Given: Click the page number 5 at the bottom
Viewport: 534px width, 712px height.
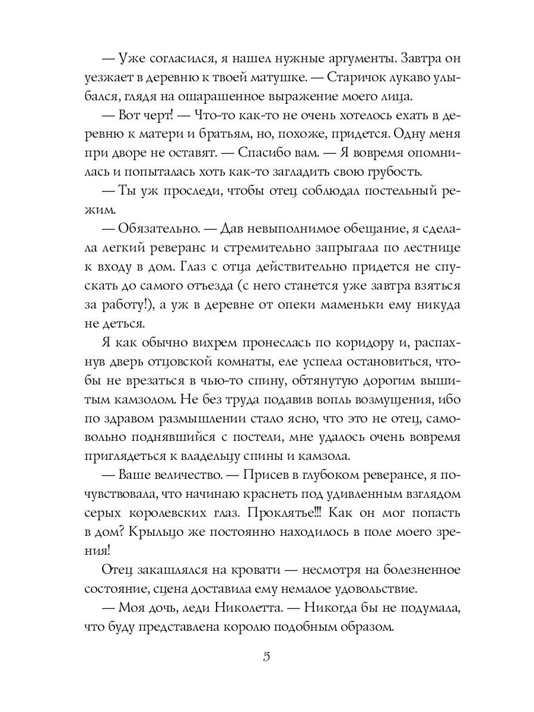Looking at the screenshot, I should click(266, 657).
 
